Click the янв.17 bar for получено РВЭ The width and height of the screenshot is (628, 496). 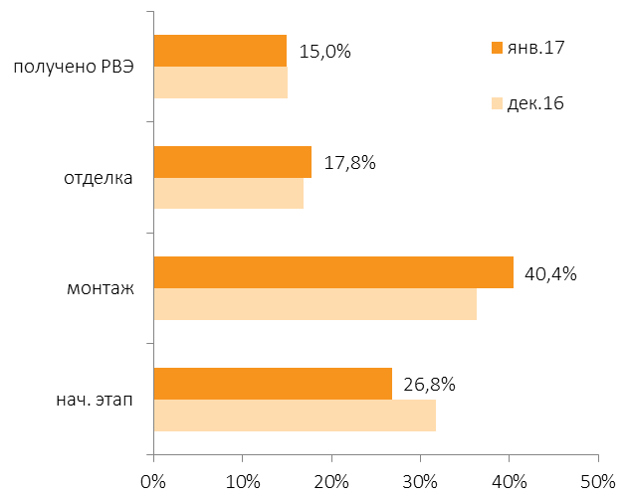coord(220,51)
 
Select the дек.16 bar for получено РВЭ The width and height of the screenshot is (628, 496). coord(221,83)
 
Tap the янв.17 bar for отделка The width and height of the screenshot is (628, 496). coord(233,162)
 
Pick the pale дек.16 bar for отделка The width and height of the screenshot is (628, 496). coord(229,193)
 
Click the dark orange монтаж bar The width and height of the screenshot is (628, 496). coord(333,272)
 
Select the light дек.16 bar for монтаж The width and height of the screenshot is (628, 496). coord(315,304)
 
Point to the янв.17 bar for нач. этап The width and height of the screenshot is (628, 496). coord(273,384)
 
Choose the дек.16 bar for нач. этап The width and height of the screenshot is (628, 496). coord(295,415)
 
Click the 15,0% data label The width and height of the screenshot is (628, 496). coord(324,52)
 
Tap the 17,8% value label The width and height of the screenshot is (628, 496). coord(349,163)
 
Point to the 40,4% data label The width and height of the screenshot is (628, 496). coord(550,274)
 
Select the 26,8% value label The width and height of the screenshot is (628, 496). coord(429,385)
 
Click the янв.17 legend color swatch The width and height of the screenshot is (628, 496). coord(497,48)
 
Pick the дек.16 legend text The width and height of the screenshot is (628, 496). coord(535,103)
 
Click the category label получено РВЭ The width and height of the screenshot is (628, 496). coord(74,67)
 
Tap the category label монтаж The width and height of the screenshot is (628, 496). coord(101,288)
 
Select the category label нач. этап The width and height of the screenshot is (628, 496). coord(95,400)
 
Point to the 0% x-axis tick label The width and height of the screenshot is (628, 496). coord(153,482)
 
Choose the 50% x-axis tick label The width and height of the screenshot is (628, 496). coord(597,482)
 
